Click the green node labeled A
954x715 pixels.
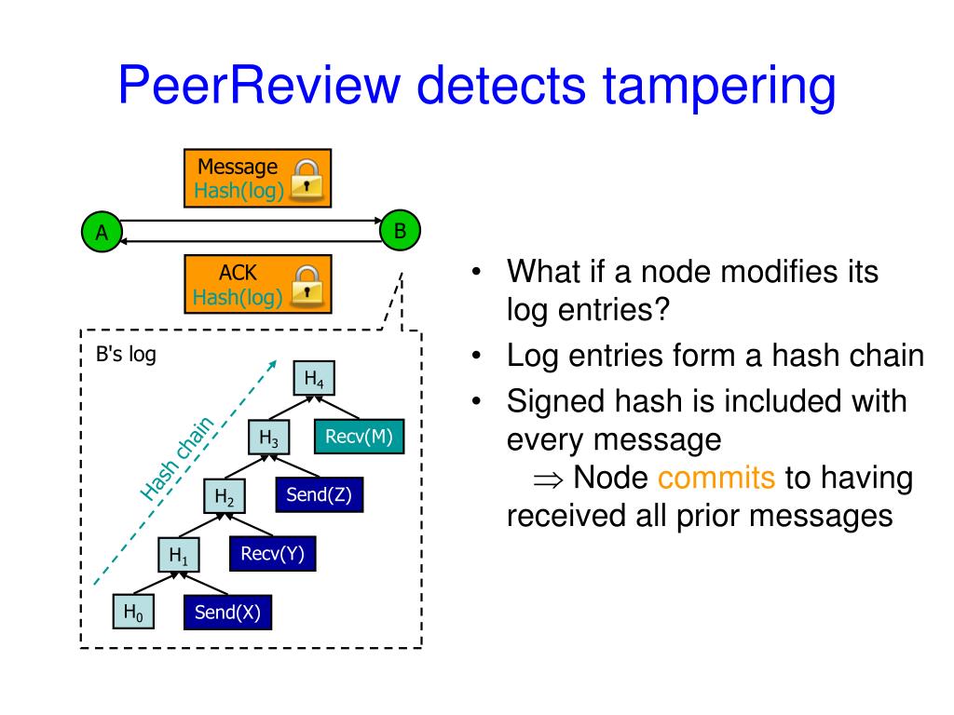coord(102,232)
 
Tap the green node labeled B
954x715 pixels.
coord(400,231)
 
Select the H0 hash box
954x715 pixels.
coord(133,612)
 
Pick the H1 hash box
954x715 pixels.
coord(178,554)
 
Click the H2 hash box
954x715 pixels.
coord(225,496)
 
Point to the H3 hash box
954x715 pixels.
coord(269,438)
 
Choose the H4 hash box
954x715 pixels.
coord(314,378)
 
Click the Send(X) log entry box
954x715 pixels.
coord(227,613)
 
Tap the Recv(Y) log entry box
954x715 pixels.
coord(273,553)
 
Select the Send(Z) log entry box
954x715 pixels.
coord(320,494)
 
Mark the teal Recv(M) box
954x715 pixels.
coord(359,436)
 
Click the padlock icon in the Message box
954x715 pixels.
coord(307,180)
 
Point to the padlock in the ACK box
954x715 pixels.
coord(307,285)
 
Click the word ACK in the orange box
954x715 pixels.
coord(238,273)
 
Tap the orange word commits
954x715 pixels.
coord(716,478)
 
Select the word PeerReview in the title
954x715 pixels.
coord(259,85)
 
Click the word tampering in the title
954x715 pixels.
coord(718,88)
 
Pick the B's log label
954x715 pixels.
coord(126,354)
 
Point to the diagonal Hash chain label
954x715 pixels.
coord(177,458)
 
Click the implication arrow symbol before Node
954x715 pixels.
coord(548,480)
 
